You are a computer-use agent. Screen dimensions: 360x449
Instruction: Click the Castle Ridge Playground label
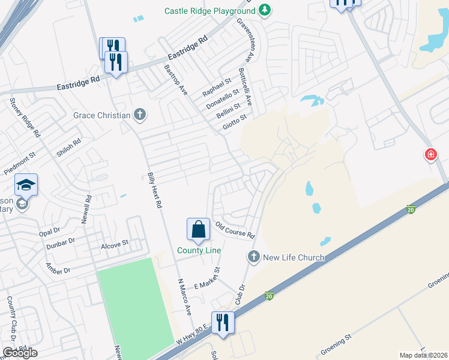209,11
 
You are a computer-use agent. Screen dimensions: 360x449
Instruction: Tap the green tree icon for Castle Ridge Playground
264,11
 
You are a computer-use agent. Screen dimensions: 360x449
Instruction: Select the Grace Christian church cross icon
140,115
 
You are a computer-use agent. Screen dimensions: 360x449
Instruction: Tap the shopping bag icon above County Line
198,229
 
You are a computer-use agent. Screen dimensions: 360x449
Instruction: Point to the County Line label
199,250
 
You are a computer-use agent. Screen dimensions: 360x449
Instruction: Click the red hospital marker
430,155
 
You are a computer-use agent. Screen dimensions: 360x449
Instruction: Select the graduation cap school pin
26,185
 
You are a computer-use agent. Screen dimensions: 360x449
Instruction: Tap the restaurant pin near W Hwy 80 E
223,322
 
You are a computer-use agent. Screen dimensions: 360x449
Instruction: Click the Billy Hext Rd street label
155,191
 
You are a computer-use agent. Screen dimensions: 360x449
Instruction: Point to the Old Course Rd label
235,230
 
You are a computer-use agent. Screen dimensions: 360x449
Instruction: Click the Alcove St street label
115,244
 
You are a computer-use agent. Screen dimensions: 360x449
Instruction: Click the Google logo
20,352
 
